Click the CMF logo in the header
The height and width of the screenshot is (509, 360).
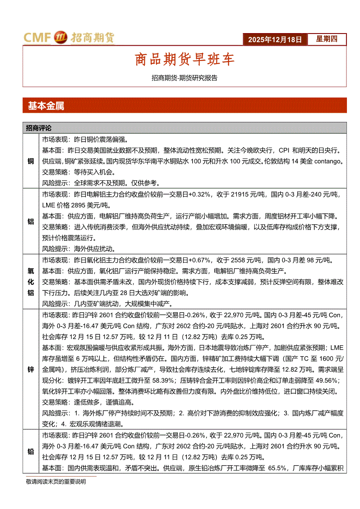click(x=38, y=38)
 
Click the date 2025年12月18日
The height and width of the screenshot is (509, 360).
click(x=275, y=40)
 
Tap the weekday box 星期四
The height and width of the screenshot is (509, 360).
click(x=326, y=39)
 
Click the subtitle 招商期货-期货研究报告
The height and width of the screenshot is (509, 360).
click(x=184, y=78)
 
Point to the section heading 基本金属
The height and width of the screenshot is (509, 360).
click(x=46, y=105)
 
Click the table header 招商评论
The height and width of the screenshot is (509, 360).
click(x=38, y=128)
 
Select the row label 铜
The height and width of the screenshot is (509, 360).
click(x=31, y=161)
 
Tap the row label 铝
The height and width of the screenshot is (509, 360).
click(x=31, y=221)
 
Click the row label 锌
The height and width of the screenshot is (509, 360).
click(x=31, y=370)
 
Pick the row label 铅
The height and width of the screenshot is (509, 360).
click(x=31, y=452)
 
